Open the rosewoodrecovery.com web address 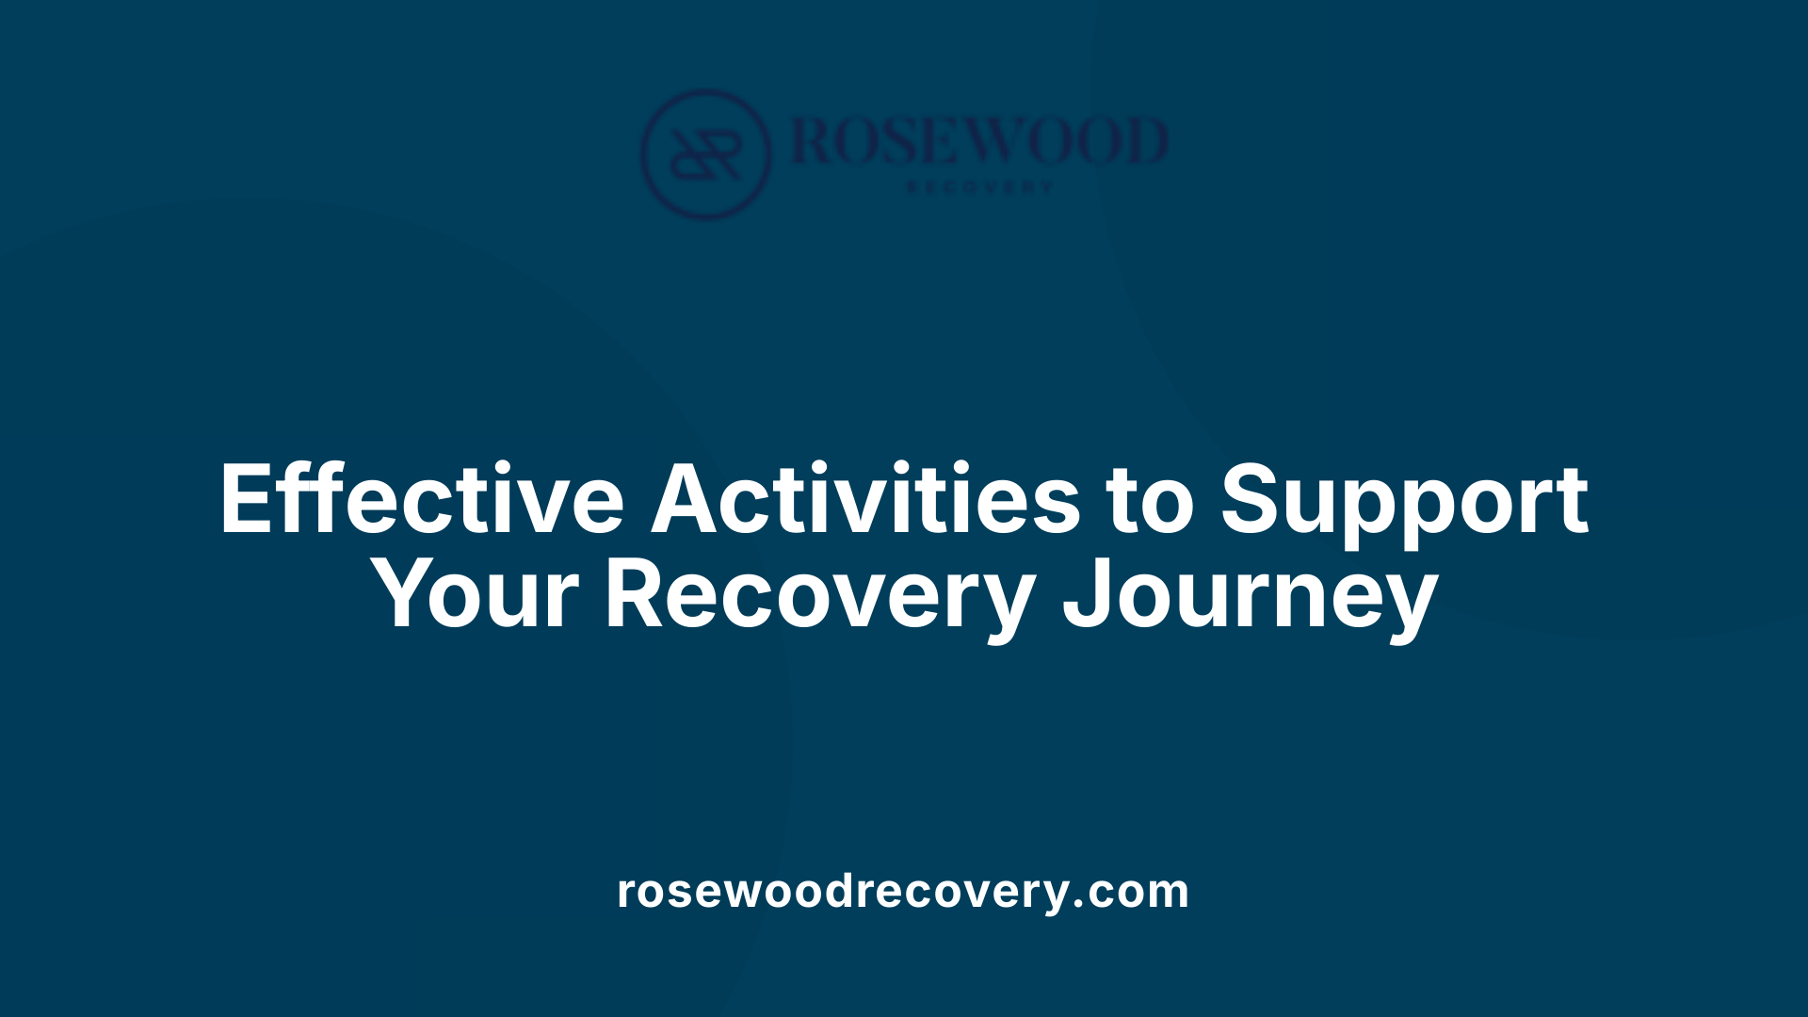point(903,891)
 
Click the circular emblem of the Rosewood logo point(705,154)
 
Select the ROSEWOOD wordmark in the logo point(979,141)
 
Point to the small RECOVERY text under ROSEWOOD point(979,187)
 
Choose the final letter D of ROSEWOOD point(1144,141)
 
